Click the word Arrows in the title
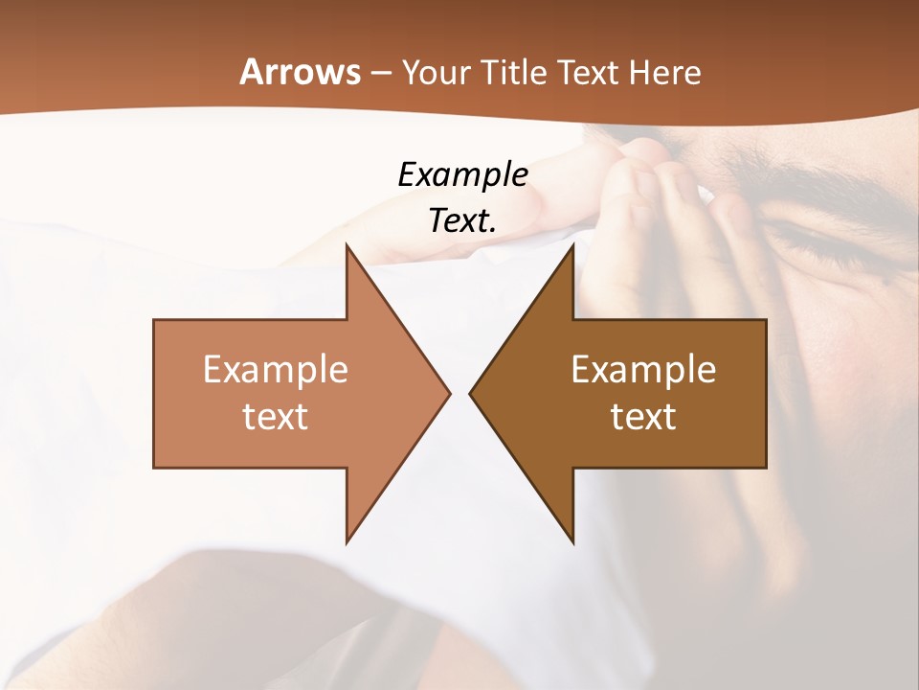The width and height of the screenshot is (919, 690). pyautogui.click(x=301, y=72)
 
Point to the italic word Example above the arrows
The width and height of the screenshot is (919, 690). pyautogui.click(x=462, y=174)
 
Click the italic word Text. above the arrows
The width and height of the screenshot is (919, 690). pyautogui.click(x=462, y=220)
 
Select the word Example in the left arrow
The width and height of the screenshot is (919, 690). pyautogui.click(x=276, y=369)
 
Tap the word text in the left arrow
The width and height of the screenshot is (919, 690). pyautogui.click(x=276, y=416)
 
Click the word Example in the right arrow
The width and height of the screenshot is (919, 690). pyautogui.click(x=643, y=369)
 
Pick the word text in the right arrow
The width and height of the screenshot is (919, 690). pyautogui.click(x=643, y=416)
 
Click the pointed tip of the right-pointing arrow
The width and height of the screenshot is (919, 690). pyautogui.click(x=450, y=393)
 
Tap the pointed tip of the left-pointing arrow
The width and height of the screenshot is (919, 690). pyautogui.click(x=470, y=393)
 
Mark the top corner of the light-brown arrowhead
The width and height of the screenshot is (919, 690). pyautogui.click(x=347, y=244)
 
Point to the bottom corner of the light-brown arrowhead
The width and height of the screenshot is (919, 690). pyautogui.click(x=347, y=542)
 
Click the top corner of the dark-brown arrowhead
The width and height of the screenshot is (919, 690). pyautogui.click(x=573, y=244)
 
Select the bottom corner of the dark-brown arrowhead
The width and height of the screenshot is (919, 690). pyautogui.click(x=573, y=542)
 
